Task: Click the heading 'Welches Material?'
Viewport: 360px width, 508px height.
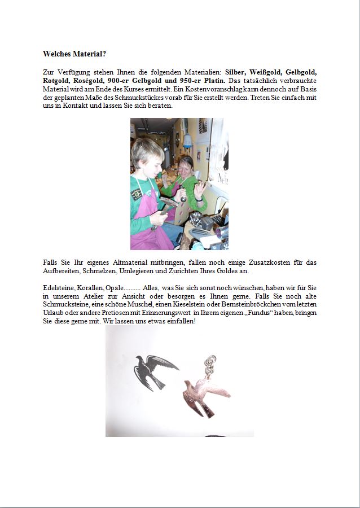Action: [74, 54]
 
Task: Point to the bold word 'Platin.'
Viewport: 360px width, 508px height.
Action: [212, 81]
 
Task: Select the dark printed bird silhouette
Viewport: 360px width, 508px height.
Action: [154, 371]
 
